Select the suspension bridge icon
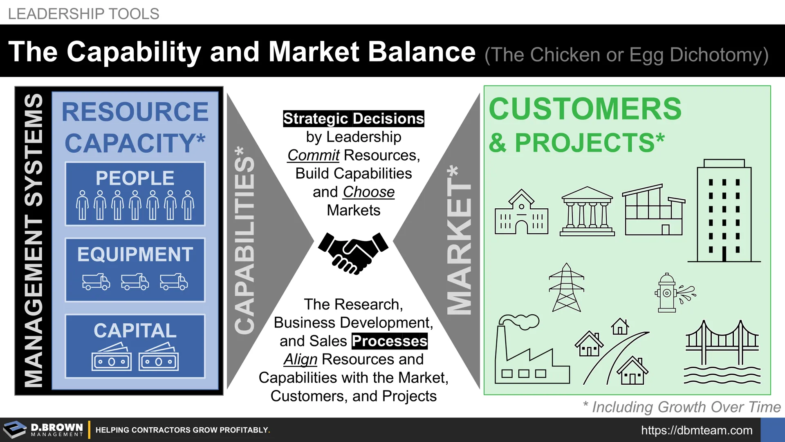click(722, 352)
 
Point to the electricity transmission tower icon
click(566, 288)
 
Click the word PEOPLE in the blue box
click(135, 178)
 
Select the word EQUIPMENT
click(135, 254)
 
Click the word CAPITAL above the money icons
click(135, 330)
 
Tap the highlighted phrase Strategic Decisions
click(354, 119)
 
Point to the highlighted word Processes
click(389, 341)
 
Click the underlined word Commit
click(313, 155)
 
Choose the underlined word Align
click(301, 359)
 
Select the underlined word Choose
click(369, 192)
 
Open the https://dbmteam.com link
click(697, 430)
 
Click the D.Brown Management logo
click(43, 430)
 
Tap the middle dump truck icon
click(135, 282)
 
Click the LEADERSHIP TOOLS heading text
click(83, 14)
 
